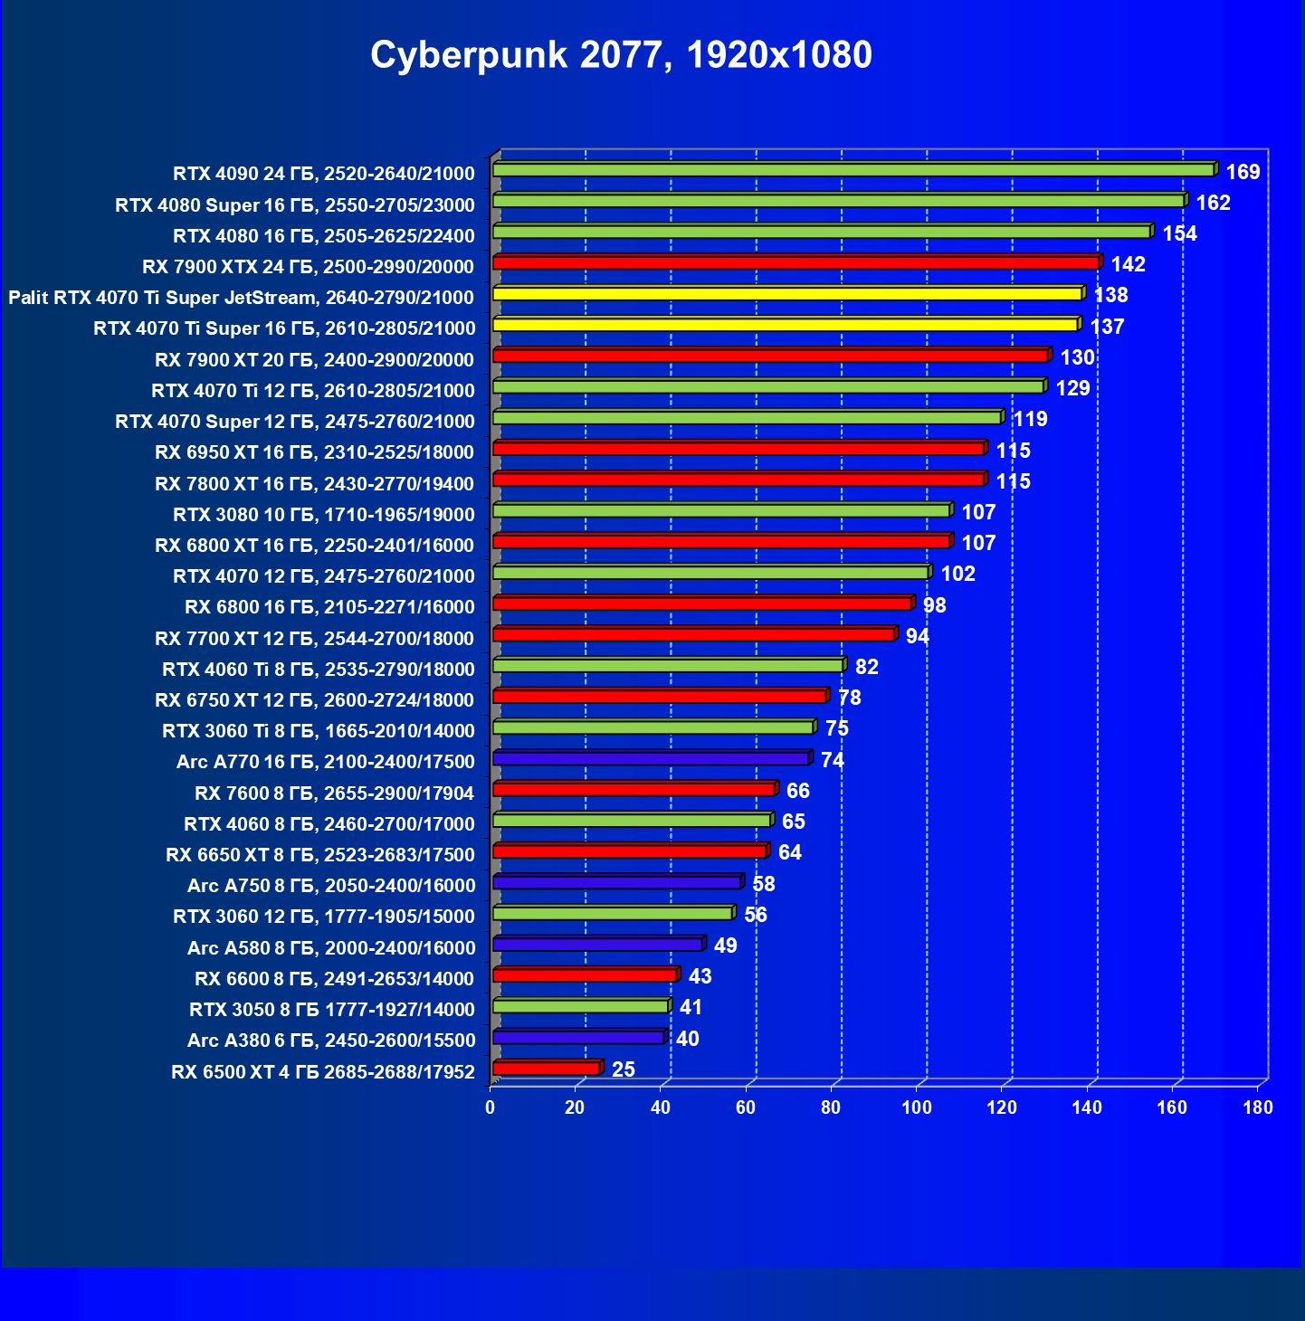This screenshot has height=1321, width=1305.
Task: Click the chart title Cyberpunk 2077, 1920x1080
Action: [621, 55]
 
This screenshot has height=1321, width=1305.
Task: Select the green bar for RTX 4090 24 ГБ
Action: [853, 170]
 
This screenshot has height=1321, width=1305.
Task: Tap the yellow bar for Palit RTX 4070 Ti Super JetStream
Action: [787, 294]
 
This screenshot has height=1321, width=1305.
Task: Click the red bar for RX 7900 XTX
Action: [796, 263]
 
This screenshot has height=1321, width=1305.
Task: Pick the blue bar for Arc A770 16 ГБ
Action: [651, 758]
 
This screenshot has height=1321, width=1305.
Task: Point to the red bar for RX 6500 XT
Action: [547, 1069]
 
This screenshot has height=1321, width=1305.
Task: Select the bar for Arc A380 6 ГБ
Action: [579, 1038]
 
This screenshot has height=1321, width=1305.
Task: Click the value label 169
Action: [1243, 172]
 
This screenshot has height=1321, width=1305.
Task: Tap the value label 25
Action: [624, 1069]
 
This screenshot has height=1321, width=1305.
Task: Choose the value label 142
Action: [1128, 264]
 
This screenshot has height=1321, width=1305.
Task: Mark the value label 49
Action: [726, 946]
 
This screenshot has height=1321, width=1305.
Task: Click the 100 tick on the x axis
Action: [917, 1107]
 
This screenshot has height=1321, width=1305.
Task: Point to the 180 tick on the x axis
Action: [1258, 1107]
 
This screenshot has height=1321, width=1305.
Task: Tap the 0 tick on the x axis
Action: [491, 1107]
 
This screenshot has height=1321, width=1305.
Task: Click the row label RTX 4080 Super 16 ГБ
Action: [295, 205]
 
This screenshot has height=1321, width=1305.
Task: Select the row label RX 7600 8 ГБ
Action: [334, 794]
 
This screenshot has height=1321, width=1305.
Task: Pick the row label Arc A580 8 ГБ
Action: [331, 948]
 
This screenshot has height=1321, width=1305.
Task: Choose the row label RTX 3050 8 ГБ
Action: [332, 1010]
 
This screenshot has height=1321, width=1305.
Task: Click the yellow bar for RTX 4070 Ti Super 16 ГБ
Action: [786, 325]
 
